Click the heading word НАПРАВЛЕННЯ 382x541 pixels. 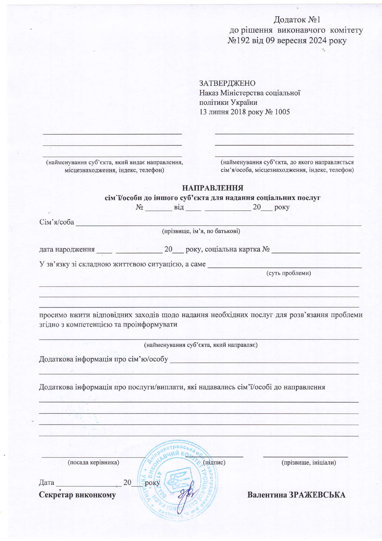[x=213, y=188]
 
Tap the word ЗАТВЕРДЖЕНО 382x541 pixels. [x=227, y=83]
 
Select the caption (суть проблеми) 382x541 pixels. [x=288, y=273]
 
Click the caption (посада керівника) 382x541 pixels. [x=93, y=462]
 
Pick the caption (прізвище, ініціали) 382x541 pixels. [x=309, y=462]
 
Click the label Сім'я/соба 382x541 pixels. [x=57, y=222]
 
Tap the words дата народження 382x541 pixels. [x=67, y=250]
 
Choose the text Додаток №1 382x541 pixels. [x=297, y=20]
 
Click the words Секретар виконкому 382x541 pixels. [x=77, y=495]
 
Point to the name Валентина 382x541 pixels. [x=267, y=495]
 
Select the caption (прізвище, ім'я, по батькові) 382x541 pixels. [x=201, y=231]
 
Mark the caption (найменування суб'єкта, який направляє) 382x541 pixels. [x=201, y=345]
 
